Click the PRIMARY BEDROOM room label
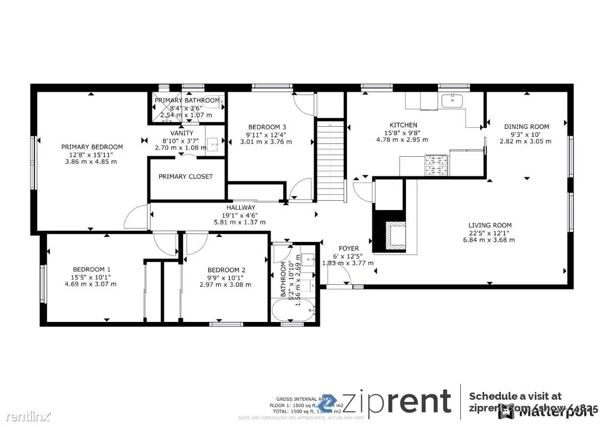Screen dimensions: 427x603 (x=92, y=147)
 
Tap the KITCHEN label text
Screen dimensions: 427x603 (x=403, y=125)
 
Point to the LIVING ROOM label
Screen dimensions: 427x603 (x=490, y=225)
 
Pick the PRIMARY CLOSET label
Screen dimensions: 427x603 (x=185, y=177)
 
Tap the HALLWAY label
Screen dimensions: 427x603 (x=240, y=207)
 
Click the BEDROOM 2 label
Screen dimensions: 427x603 (x=222, y=270)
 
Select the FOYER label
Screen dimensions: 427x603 (x=349, y=249)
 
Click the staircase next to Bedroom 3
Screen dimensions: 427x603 (x=330, y=161)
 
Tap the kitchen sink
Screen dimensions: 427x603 (x=453, y=101)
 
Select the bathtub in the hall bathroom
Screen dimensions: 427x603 (x=293, y=311)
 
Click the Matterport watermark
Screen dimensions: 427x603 (x=547, y=412)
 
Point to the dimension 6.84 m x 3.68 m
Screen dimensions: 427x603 (x=490, y=240)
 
